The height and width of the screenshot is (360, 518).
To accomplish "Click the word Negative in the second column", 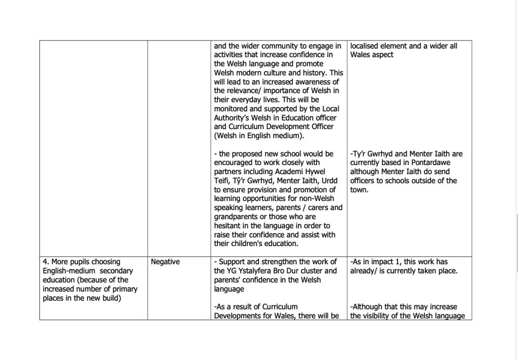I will pos(165,262).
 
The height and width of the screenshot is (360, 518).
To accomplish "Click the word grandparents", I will pos(237,217).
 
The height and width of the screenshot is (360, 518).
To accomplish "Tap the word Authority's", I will pos(233,118).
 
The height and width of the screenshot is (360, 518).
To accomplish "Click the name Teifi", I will pos(223,181).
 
